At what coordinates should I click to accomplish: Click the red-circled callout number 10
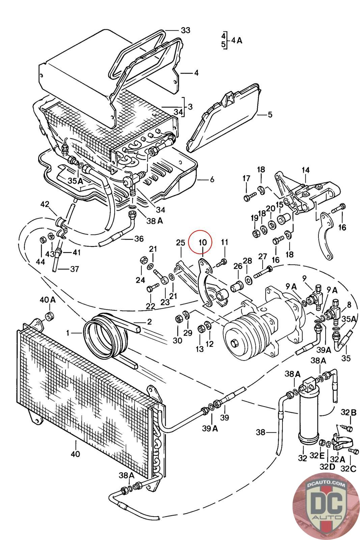pyautogui.click(x=203, y=242)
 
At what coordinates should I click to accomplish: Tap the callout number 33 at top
pyautogui.click(x=186, y=30)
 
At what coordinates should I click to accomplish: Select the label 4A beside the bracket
pyautogui.click(x=237, y=40)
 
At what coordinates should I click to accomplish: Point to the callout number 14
pyautogui.click(x=305, y=170)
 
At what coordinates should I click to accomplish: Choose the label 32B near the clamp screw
pyautogui.click(x=348, y=412)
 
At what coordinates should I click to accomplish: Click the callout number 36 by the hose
pyautogui.click(x=139, y=239)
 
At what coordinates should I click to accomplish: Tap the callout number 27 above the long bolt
pyautogui.click(x=263, y=256)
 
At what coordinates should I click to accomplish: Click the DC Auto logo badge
pyautogui.click(x=326, y=506)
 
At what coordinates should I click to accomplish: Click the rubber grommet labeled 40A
pyautogui.click(x=50, y=316)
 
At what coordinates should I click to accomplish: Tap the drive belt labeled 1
pyautogui.click(x=105, y=335)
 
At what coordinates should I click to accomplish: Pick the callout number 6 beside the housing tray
pyautogui.click(x=212, y=180)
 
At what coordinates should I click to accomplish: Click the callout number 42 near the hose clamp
pyautogui.click(x=45, y=205)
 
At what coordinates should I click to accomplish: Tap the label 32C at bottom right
pyautogui.click(x=349, y=469)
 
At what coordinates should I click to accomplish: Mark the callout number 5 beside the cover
pyautogui.click(x=270, y=114)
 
